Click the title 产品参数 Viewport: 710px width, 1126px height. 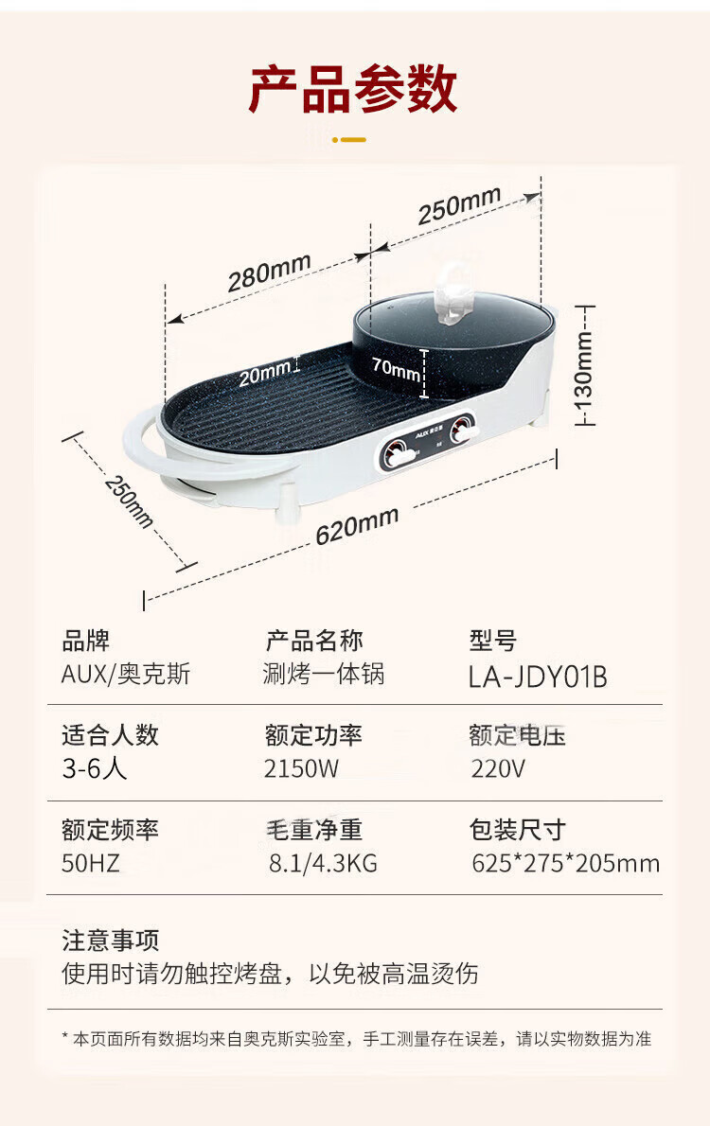click(x=353, y=90)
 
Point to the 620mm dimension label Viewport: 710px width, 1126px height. click(x=357, y=525)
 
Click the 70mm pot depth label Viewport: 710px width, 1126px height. click(x=396, y=369)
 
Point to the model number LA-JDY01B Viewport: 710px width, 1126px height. click(x=538, y=677)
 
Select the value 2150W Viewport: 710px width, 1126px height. click(x=301, y=767)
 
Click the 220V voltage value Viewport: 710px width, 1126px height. click(x=498, y=767)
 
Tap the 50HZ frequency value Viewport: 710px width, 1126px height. click(x=91, y=862)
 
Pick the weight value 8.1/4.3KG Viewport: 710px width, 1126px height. click(x=323, y=863)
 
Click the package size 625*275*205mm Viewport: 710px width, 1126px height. click(x=565, y=863)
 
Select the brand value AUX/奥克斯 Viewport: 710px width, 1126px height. click(x=126, y=675)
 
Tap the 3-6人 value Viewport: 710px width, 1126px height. click(x=95, y=767)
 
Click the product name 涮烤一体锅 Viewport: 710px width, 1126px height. click(x=324, y=675)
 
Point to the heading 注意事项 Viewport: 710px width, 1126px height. click(x=111, y=940)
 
